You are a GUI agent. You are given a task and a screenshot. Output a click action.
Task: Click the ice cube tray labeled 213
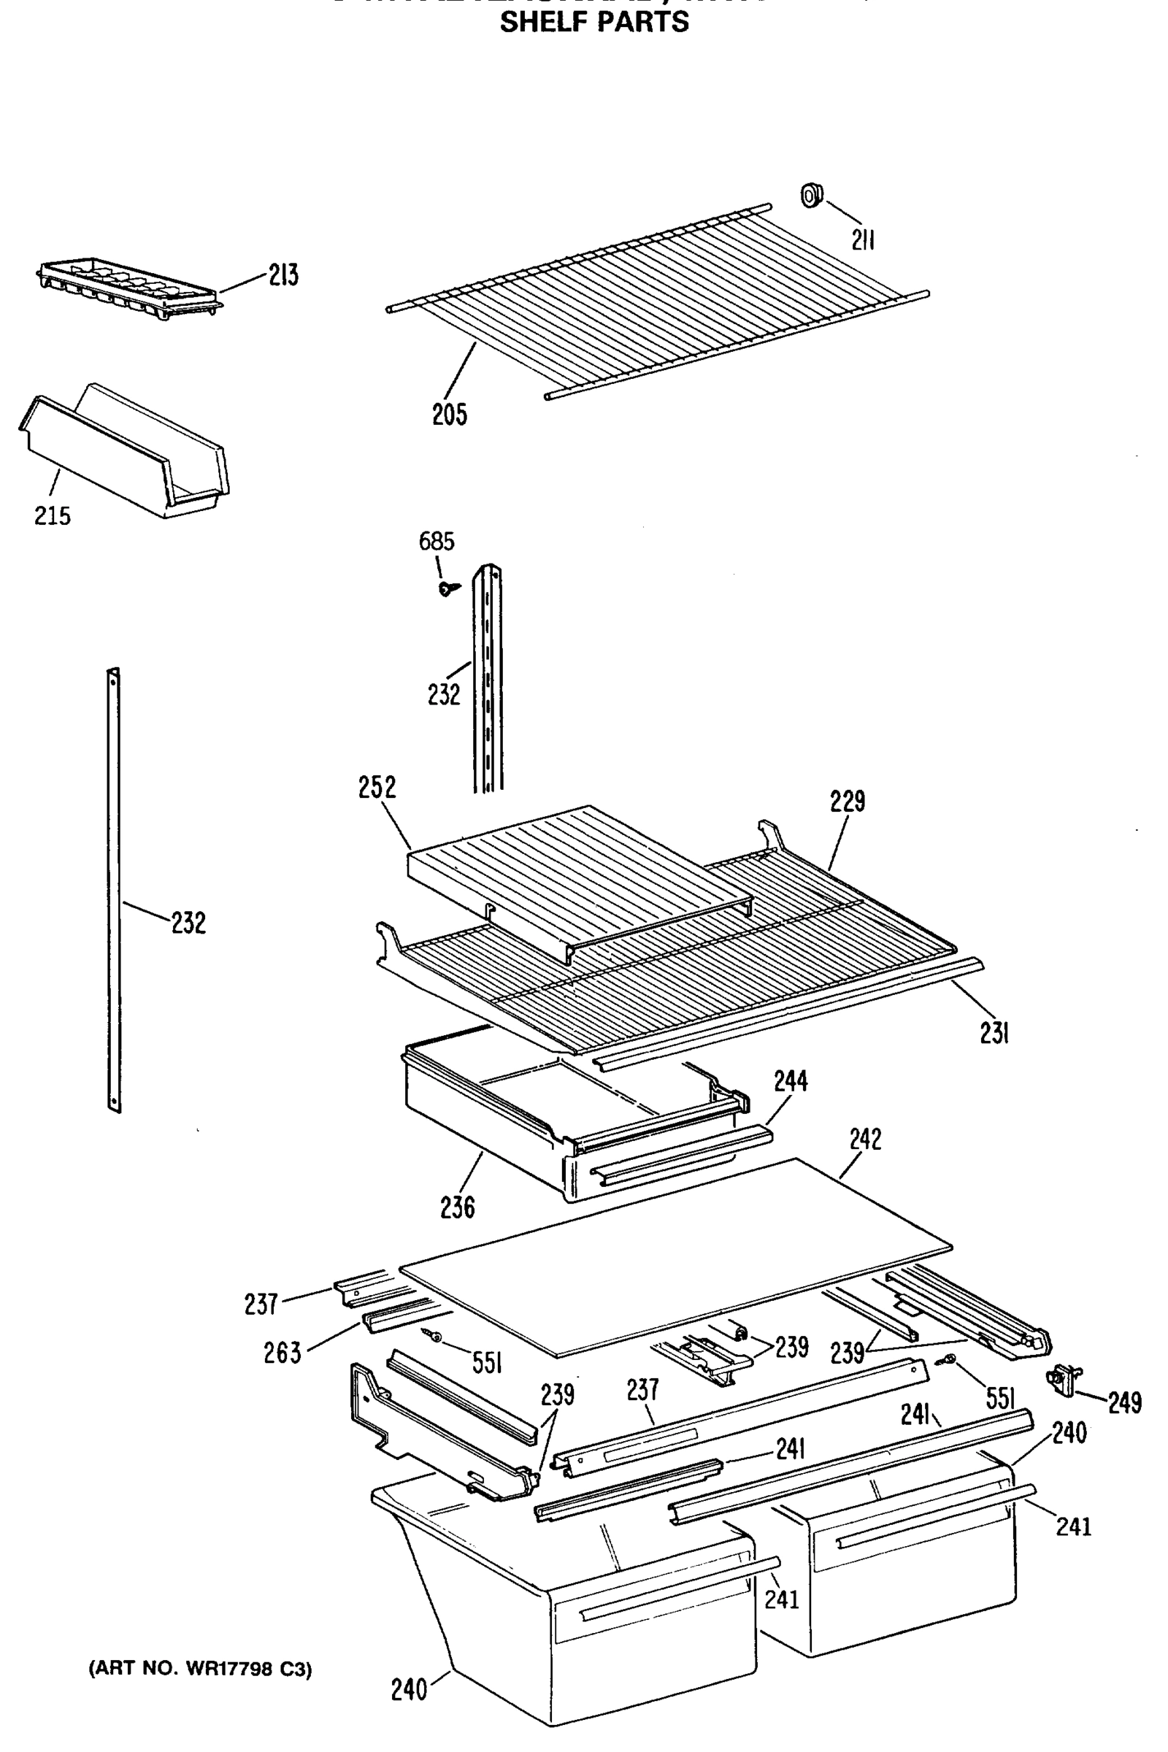coord(126,289)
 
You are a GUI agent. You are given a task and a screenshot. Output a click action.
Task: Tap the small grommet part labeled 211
coord(811,195)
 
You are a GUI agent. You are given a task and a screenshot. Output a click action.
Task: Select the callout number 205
coord(450,414)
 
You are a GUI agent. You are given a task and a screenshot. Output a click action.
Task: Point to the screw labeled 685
coord(447,589)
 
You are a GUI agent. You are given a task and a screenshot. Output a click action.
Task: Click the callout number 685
coord(437,542)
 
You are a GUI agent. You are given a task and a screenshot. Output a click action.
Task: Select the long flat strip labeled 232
coord(114,890)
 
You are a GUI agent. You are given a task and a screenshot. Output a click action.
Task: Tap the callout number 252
coord(377,788)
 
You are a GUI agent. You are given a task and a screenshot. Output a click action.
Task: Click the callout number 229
coord(848,802)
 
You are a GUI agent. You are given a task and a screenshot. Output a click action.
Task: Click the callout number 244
coord(791,1081)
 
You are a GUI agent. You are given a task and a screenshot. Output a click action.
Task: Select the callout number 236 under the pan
coord(458,1207)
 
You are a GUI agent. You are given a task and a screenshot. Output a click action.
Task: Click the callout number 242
coord(865,1139)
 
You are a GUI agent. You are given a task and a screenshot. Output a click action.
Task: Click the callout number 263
coord(283,1353)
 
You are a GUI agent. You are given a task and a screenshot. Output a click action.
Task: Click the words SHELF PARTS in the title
coord(593,23)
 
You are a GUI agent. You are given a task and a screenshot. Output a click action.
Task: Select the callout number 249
coord(1124,1403)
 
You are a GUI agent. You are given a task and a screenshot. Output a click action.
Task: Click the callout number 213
coord(284,276)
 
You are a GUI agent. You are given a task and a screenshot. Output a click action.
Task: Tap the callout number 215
coord(53,515)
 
